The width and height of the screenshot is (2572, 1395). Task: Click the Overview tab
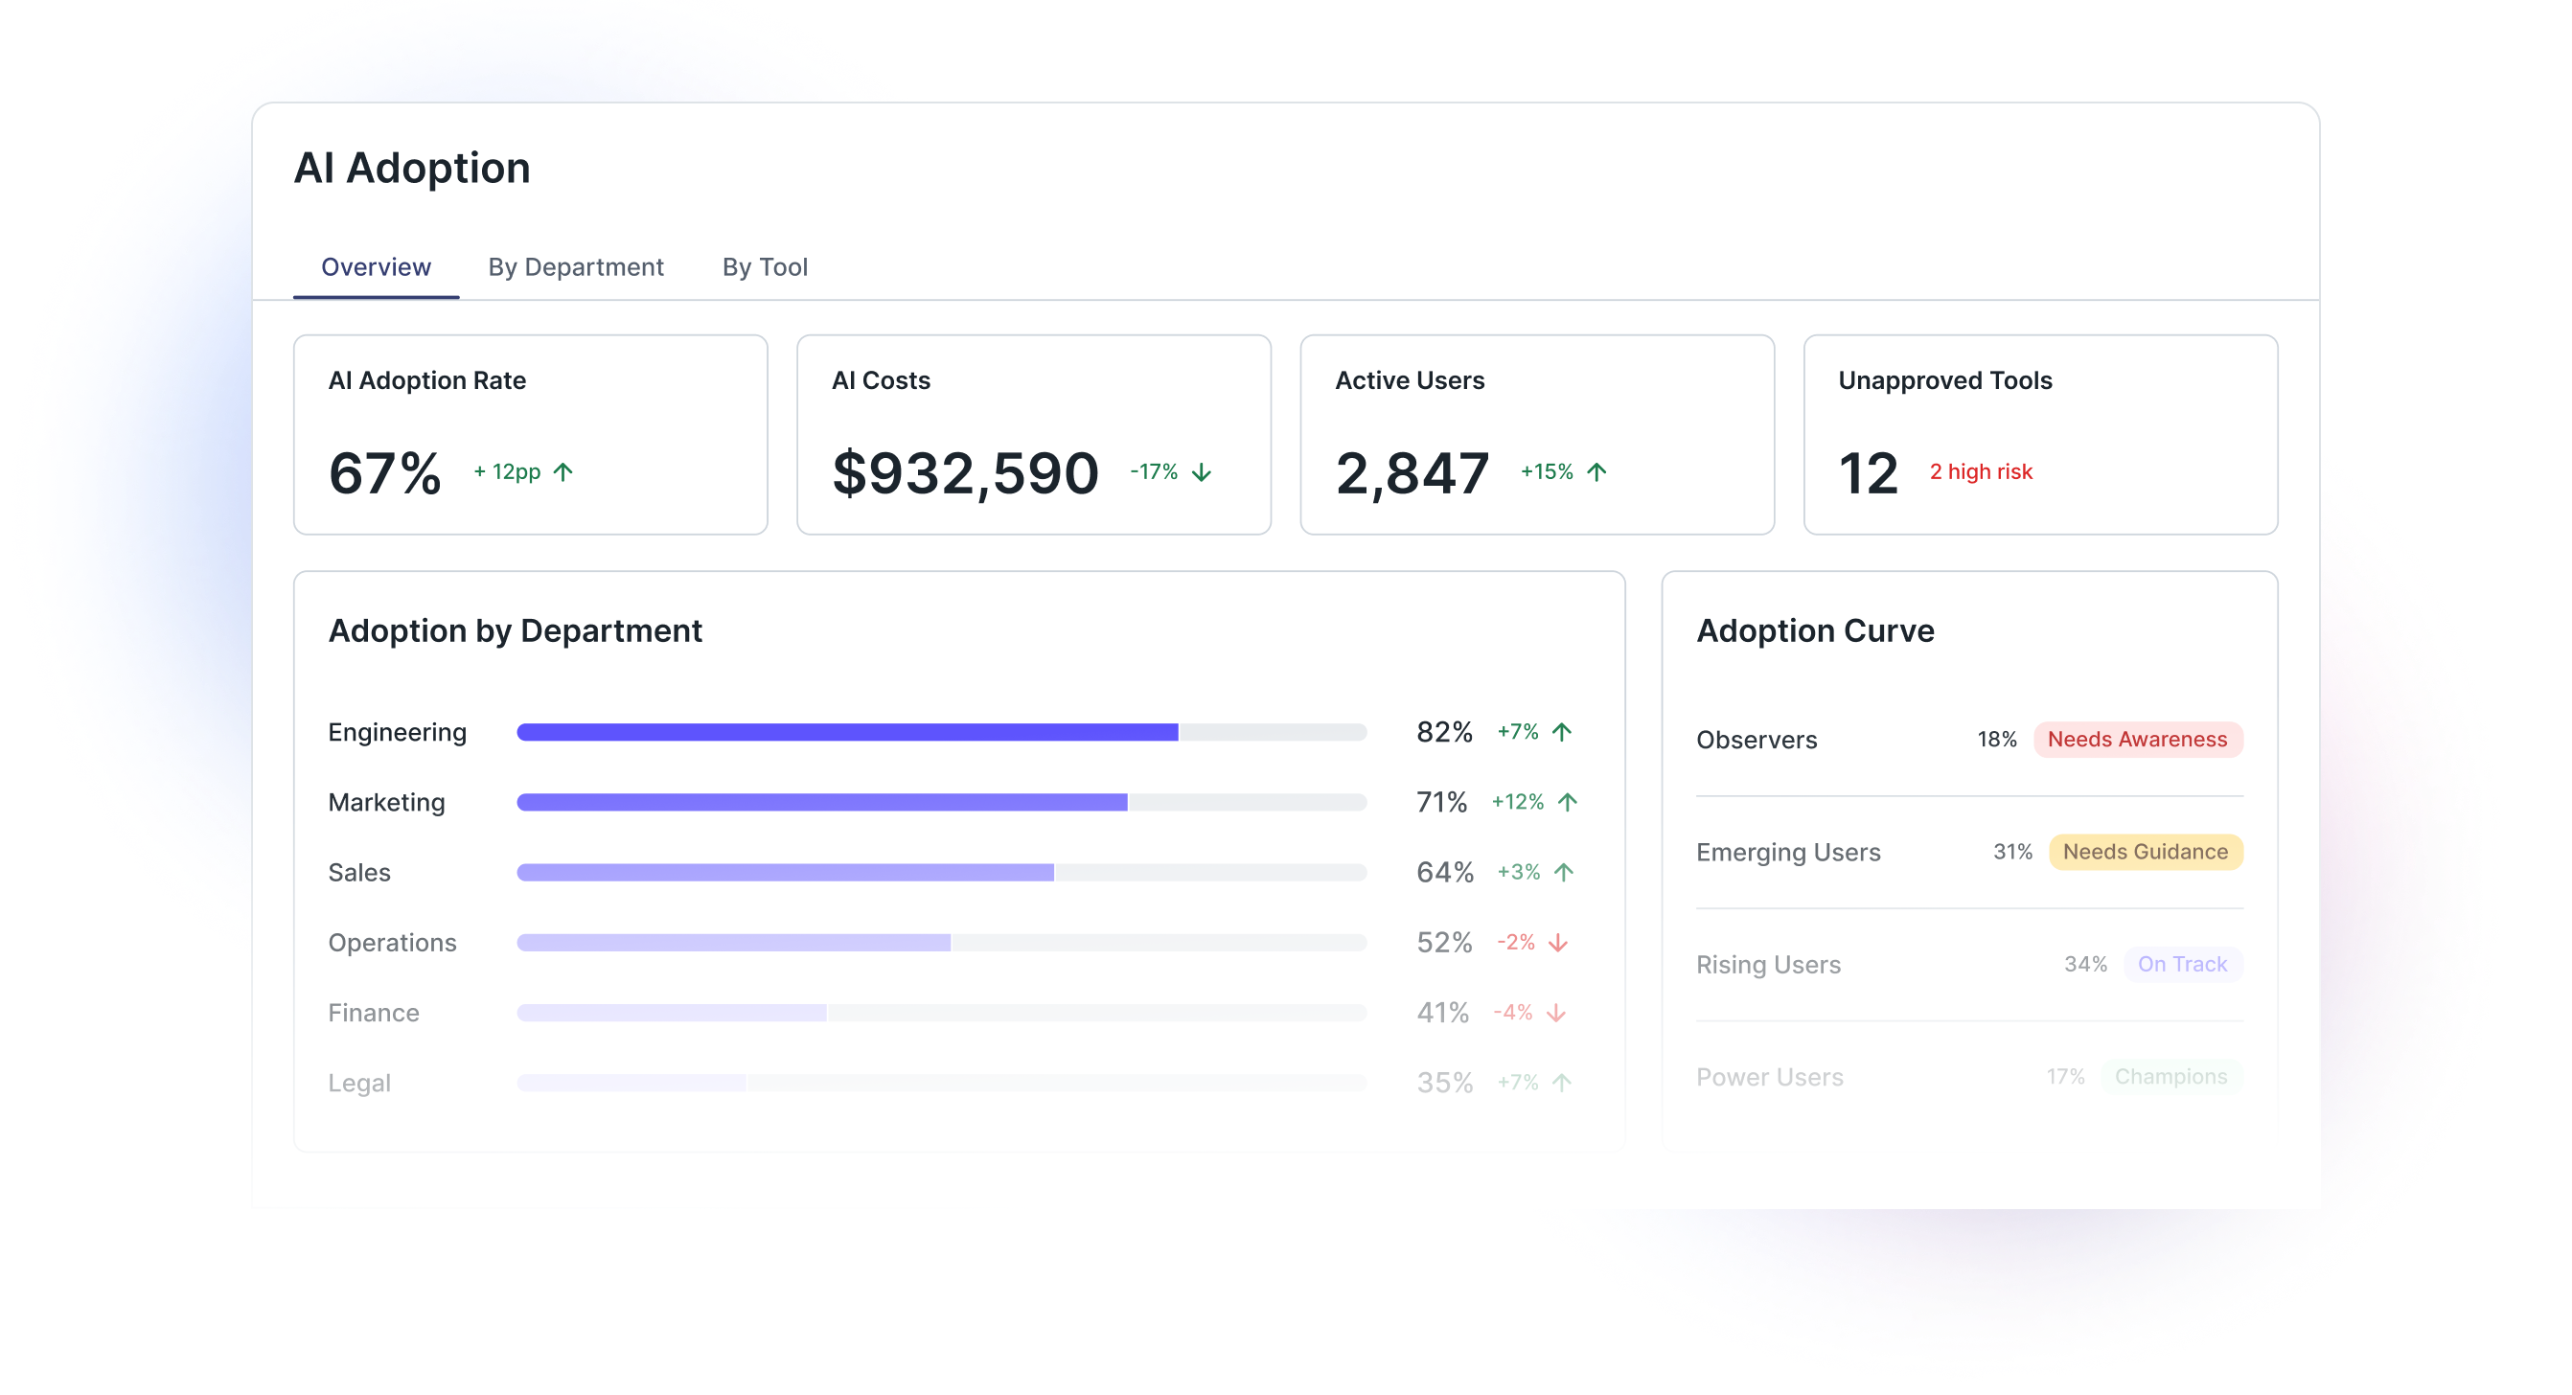(x=376, y=267)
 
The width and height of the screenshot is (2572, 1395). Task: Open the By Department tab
(x=575, y=267)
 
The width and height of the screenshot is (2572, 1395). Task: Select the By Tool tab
(x=765, y=267)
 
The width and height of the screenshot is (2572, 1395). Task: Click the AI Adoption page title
(x=411, y=168)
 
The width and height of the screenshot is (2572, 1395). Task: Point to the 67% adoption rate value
(x=384, y=473)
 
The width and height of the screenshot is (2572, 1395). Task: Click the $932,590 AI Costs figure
(x=964, y=473)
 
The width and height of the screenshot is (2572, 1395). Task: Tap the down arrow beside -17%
(x=1202, y=472)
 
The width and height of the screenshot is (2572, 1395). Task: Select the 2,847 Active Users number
(x=1412, y=473)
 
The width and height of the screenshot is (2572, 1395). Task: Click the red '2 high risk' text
(x=1980, y=472)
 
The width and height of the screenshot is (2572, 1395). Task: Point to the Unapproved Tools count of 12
(x=1867, y=473)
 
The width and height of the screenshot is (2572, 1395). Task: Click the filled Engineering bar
(x=847, y=733)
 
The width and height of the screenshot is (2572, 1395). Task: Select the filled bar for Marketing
(x=820, y=803)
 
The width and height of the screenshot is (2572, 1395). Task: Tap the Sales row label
(x=359, y=873)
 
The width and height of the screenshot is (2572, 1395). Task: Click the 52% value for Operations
(x=1444, y=943)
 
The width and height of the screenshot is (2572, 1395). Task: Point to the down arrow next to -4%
(x=1555, y=1014)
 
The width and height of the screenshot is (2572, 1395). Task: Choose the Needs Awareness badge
(x=2137, y=740)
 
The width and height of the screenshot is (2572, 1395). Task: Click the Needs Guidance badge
(x=2145, y=853)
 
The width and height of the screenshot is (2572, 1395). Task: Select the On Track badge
(x=2182, y=965)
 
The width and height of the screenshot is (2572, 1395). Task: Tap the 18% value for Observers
(x=1996, y=740)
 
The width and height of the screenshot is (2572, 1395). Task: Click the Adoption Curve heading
(x=1814, y=631)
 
